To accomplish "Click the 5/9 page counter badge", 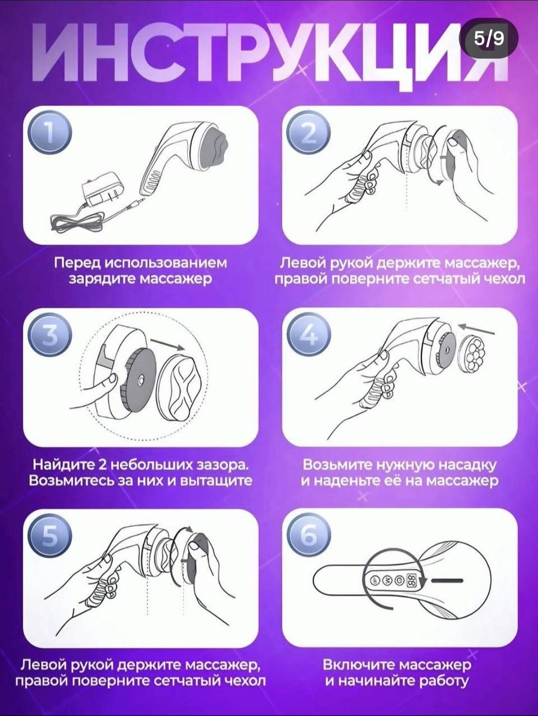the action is (488, 38).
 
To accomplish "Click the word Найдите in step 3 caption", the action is (62, 465).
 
